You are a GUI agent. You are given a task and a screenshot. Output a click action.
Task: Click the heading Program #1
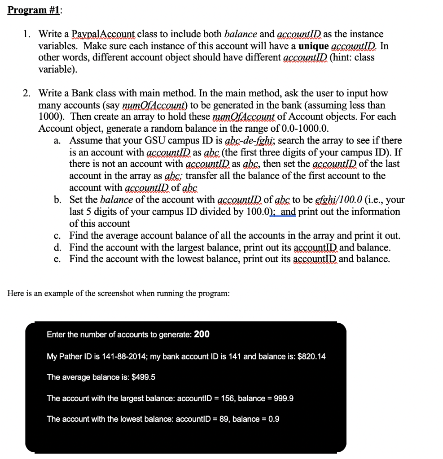[34, 9]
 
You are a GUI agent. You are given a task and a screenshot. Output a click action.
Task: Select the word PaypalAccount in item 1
[106, 35]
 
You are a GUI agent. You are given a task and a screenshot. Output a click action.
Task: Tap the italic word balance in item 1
[241, 35]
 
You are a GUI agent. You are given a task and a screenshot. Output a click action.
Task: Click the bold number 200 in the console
[202, 334]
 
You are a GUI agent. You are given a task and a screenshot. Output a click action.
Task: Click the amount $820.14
[311, 356]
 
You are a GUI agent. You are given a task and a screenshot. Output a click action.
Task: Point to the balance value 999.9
[284, 398]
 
